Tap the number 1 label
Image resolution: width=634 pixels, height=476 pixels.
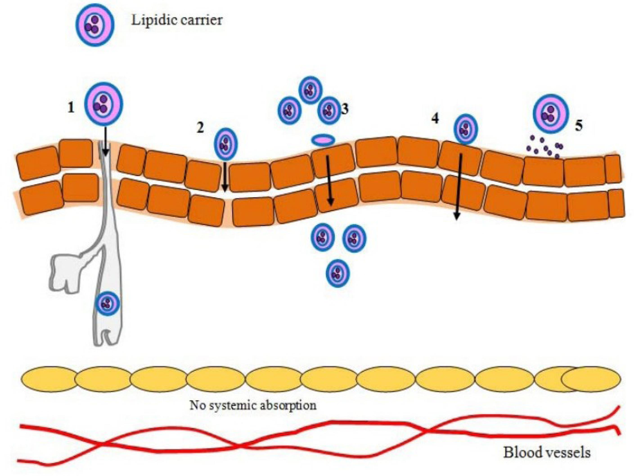click(70, 108)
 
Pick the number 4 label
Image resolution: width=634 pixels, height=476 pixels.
click(435, 118)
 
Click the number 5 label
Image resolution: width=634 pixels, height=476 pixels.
click(579, 126)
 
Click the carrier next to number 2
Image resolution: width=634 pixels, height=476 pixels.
click(226, 144)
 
